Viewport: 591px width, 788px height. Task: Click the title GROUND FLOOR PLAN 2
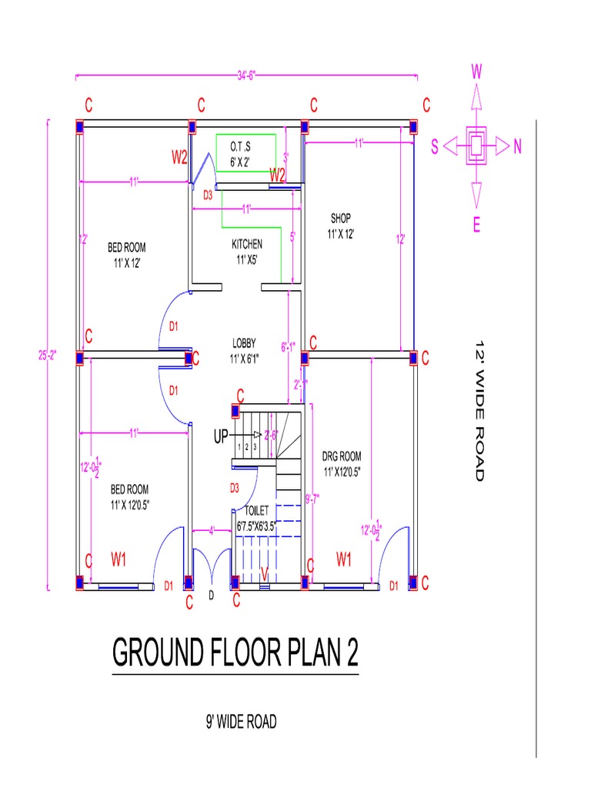(235, 653)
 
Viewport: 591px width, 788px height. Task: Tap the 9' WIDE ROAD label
(240, 722)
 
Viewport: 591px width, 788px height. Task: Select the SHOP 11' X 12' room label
(340, 226)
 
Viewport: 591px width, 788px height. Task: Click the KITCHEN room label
(246, 252)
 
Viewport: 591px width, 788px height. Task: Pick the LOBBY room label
(245, 351)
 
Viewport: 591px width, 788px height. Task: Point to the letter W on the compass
(476, 73)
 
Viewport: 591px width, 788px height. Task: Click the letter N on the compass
(518, 148)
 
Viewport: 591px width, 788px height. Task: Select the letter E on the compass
(476, 225)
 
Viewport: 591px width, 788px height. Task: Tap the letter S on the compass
(435, 148)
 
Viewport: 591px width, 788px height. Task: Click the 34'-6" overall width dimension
(246, 75)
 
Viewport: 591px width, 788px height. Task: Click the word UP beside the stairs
(222, 437)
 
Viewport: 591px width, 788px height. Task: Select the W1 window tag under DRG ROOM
(343, 559)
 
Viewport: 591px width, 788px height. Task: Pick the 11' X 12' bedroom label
(126, 255)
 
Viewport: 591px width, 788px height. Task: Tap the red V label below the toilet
(263, 573)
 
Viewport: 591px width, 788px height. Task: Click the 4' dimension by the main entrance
(210, 529)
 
